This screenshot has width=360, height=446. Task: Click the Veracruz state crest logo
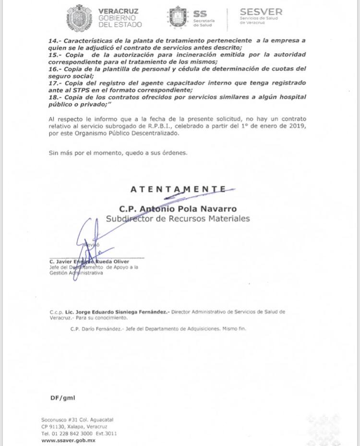click(78, 17)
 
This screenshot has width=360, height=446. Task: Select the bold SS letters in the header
click(200, 14)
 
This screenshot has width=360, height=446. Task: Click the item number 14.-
click(55, 41)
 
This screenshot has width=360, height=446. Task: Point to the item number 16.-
click(55, 69)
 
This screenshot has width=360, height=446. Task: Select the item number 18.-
click(55, 97)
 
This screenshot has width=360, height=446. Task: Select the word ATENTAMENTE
click(178, 189)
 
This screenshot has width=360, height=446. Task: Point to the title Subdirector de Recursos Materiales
click(178, 218)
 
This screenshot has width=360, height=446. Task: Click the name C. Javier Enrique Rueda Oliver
click(89, 262)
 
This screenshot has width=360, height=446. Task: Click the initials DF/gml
click(62, 398)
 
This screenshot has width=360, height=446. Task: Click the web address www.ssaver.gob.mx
click(68, 440)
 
